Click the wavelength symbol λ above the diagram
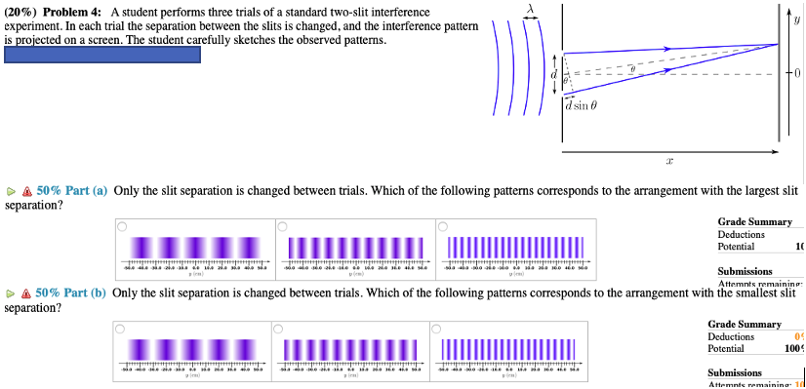click(531, 8)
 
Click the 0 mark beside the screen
click(796, 74)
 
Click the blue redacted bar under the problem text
click(102, 55)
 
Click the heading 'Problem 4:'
click(70, 10)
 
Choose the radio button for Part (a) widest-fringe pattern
click(122, 227)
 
